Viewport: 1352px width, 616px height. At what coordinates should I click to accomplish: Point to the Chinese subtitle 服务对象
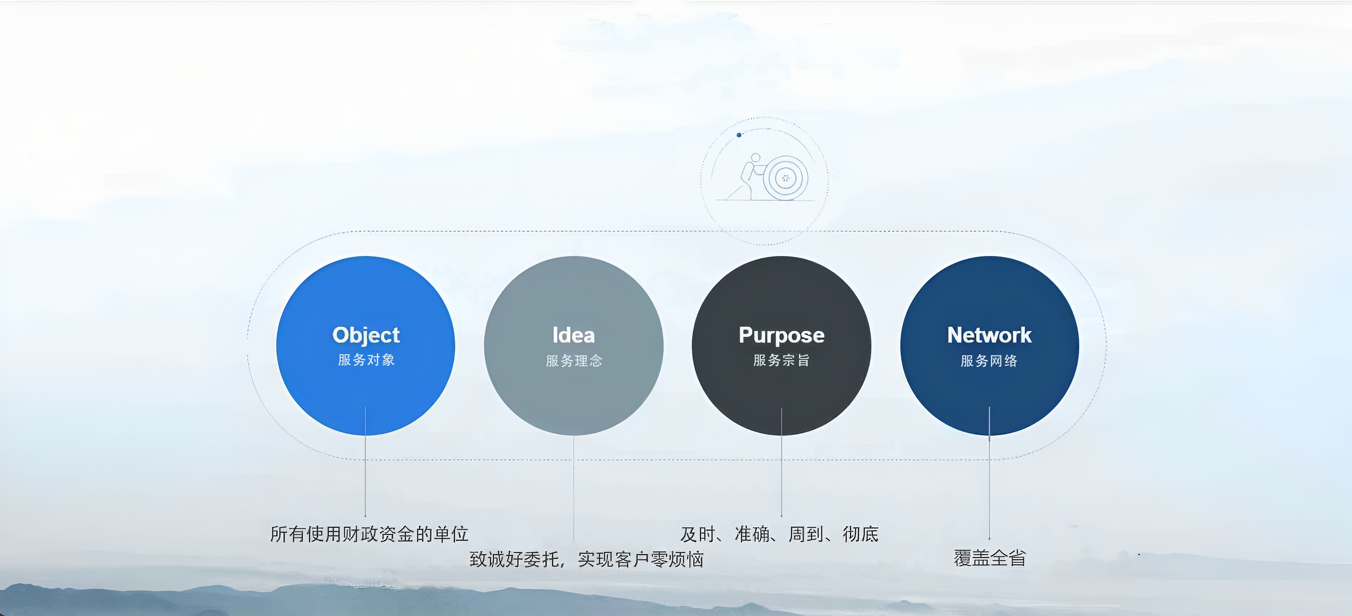click(366, 360)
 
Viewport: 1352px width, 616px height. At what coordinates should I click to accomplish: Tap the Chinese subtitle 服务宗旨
click(781, 360)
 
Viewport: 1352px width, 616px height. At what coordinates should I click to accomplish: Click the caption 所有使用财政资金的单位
click(369, 534)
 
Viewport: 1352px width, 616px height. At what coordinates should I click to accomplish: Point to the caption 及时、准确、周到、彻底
click(780, 534)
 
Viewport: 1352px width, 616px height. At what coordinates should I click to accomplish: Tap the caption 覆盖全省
click(989, 558)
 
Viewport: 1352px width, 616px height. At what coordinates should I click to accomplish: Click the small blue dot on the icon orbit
click(739, 135)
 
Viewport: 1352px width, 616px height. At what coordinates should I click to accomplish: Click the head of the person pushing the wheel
click(755, 157)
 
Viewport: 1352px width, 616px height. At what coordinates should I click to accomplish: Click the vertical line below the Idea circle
click(574, 488)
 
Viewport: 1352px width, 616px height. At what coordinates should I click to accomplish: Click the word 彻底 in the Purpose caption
click(861, 534)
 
